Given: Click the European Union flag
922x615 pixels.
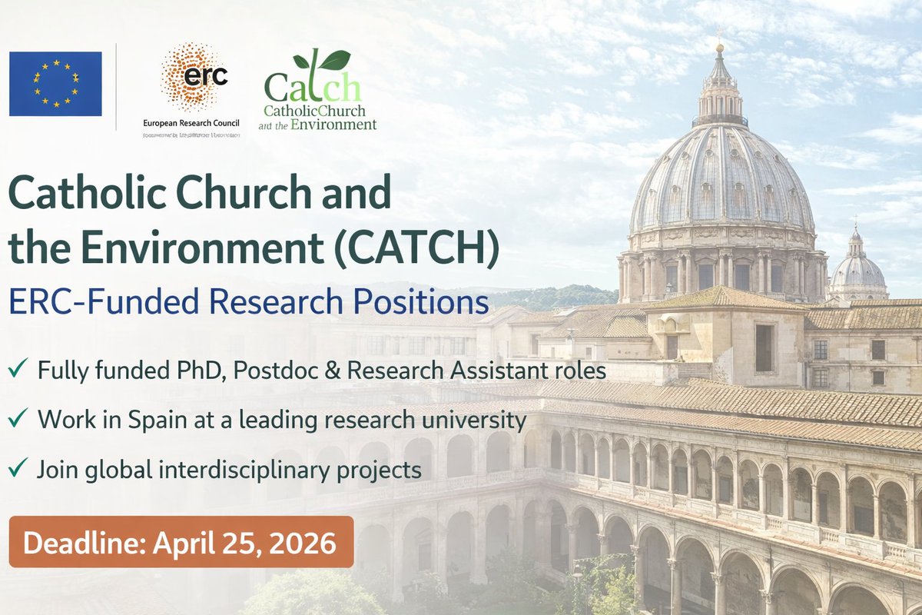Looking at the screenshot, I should [x=55, y=84].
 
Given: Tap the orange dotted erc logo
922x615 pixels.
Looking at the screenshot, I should [x=194, y=77].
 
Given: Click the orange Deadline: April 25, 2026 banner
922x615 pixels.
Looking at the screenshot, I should [x=181, y=543].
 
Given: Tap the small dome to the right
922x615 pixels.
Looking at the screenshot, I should [x=857, y=268].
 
